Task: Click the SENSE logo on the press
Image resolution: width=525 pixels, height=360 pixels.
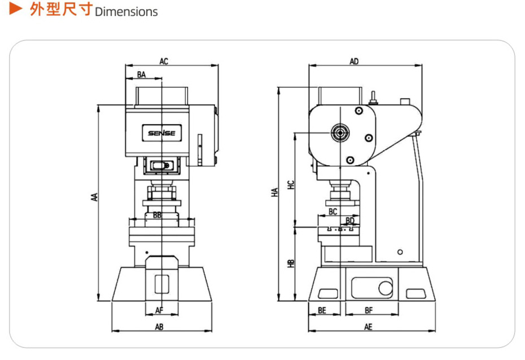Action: click(161, 133)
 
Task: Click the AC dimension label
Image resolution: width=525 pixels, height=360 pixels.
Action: click(164, 62)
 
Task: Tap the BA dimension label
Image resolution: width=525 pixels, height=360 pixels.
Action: click(141, 74)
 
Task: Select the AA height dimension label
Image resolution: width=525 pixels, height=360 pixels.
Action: click(95, 197)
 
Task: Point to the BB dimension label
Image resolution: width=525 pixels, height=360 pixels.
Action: click(157, 215)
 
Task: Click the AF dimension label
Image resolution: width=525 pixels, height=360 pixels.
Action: click(159, 310)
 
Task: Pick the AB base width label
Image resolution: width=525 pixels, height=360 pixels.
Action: click(159, 327)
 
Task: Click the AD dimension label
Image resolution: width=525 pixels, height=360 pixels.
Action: click(354, 62)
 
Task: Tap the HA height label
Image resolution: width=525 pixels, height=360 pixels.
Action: click(275, 192)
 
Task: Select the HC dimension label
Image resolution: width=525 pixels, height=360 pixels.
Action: click(291, 185)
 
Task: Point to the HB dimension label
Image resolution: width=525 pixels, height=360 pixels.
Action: click(291, 264)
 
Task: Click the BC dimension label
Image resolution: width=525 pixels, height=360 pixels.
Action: click(333, 212)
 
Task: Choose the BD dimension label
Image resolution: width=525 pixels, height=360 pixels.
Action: click(350, 221)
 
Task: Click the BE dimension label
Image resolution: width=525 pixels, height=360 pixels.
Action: click(322, 310)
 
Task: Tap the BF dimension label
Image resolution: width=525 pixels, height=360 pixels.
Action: click(369, 310)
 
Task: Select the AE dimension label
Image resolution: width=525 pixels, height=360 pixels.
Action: click(368, 327)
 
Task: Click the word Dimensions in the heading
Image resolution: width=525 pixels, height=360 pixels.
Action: click(126, 12)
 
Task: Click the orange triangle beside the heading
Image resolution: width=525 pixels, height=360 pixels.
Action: click(15, 8)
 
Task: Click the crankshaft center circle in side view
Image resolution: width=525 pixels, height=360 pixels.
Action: click(340, 133)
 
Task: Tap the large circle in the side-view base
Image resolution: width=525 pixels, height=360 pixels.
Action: click(386, 288)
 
